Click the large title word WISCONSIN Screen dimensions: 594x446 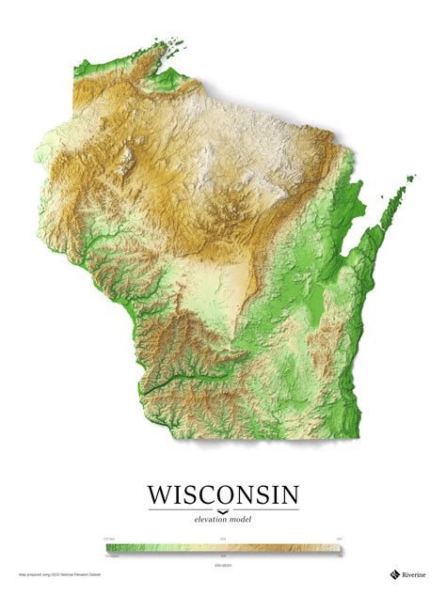pyautogui.click(x=223, y=495)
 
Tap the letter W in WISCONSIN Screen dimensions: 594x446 pyautogui.click(x=160, y=495)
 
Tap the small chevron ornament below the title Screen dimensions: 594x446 pyautogui.click(x=223, y=509)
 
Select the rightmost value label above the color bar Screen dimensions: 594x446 pyautogui.click(x=337, y=539)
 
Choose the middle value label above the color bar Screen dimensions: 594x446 pyautogui.click(x=223, y=539)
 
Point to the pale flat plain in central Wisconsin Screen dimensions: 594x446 pyautogui.click(x=226, y=282)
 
